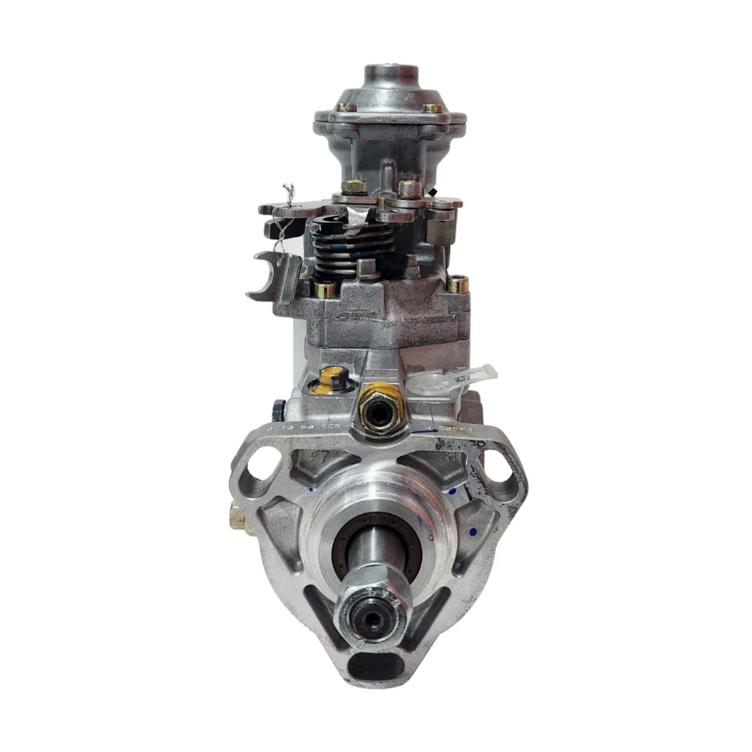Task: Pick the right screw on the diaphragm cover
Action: (432, 109)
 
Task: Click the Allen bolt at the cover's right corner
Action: (458, 285)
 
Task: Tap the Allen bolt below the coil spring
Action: (325, 290)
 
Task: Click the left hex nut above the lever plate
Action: (354, 186)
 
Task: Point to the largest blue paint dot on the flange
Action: (473, 531)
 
